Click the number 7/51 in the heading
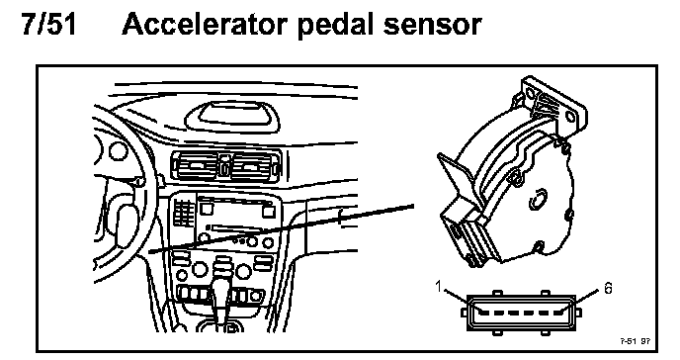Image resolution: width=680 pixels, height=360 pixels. tap(48, 25)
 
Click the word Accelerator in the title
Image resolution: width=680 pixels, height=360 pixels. tap(204, 25)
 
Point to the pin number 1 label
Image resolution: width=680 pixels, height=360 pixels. tap(439, 287)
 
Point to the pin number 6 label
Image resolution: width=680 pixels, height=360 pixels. tap(608, 288)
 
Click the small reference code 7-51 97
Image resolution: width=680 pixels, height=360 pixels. tap(635, 341)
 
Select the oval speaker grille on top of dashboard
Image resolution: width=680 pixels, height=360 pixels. tap(232, 117)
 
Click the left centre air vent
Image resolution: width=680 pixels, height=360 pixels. tap(197, 166)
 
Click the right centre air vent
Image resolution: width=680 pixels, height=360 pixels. tap(253, 166)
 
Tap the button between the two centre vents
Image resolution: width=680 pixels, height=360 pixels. tap(224, 166)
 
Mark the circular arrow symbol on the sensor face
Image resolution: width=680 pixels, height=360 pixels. tap(538, 200)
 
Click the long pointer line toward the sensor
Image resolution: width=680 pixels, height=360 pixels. tap(281, 228)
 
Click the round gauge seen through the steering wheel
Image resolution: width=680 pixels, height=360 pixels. tap(118, 151)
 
